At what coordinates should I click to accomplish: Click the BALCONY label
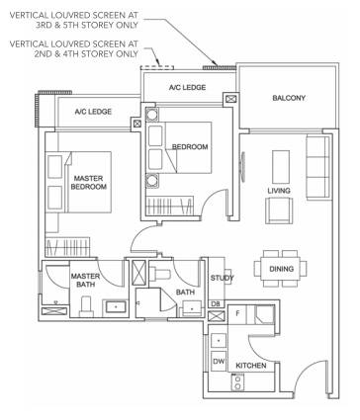(x=289, y=98)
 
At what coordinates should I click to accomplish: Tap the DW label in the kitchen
(x=219, y=362)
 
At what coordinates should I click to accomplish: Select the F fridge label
(x=237, y=313)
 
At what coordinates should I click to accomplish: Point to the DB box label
(x=216, y=303)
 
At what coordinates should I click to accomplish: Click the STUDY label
(x=223, y=278)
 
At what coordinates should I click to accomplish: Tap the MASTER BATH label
(x=85, y=280)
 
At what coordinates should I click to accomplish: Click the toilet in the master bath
(x=85, y=306)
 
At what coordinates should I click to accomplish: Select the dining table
(x=280, y=269)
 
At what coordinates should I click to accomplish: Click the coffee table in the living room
(x=281, y=167)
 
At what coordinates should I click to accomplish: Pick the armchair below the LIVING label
(x=279, y=210)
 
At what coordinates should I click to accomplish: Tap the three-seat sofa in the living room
(x=317, y=167)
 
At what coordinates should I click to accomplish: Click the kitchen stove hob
(x=237, y=382)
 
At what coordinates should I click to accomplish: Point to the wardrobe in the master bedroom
(x=68, y=247)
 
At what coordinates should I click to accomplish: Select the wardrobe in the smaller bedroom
(x=169, y=206)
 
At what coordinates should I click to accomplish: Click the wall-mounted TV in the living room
(x=243, y=166)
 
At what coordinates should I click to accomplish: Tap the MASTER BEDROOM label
(x=89, y=183)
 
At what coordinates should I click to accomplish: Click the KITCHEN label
(x=251, y=366)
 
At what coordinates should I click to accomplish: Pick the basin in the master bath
(x=116, y=307)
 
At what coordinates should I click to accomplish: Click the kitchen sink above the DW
(x=219, y=340)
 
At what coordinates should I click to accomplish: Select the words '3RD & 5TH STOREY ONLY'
(x=87, y=25)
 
